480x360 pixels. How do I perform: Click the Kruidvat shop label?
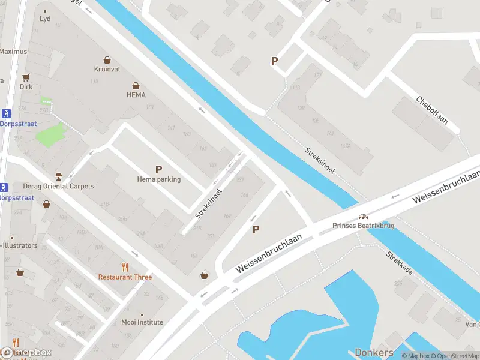[x=107, y=69]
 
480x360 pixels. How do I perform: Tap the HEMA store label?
[x=136, y=95]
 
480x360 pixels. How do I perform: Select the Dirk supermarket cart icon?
[x=26, y=77]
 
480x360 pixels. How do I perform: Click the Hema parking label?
[x=158, y=179]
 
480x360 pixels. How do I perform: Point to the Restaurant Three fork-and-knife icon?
[x=125, y=267]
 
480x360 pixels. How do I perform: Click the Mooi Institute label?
[x=142, y=322]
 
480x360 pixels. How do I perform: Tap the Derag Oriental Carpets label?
[x=58, y=186]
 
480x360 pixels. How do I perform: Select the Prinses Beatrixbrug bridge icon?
[x=363, y=217]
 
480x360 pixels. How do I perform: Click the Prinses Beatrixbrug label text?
[x=362, y=226]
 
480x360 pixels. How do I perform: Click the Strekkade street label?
[x=400, y=263]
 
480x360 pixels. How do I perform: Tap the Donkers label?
[x=374, y=353]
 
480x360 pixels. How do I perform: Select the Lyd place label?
[x=45, y=19]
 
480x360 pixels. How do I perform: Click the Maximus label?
[x=13, y=52]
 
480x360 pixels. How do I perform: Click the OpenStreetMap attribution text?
[x=454, y=356]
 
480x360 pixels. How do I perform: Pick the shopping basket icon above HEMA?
[x=136, y=85]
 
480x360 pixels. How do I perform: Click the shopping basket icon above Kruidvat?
[x=107, y=59]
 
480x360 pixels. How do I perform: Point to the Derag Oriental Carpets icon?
[x=58, y=176]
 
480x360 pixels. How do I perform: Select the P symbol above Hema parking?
[x=158, y=169]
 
